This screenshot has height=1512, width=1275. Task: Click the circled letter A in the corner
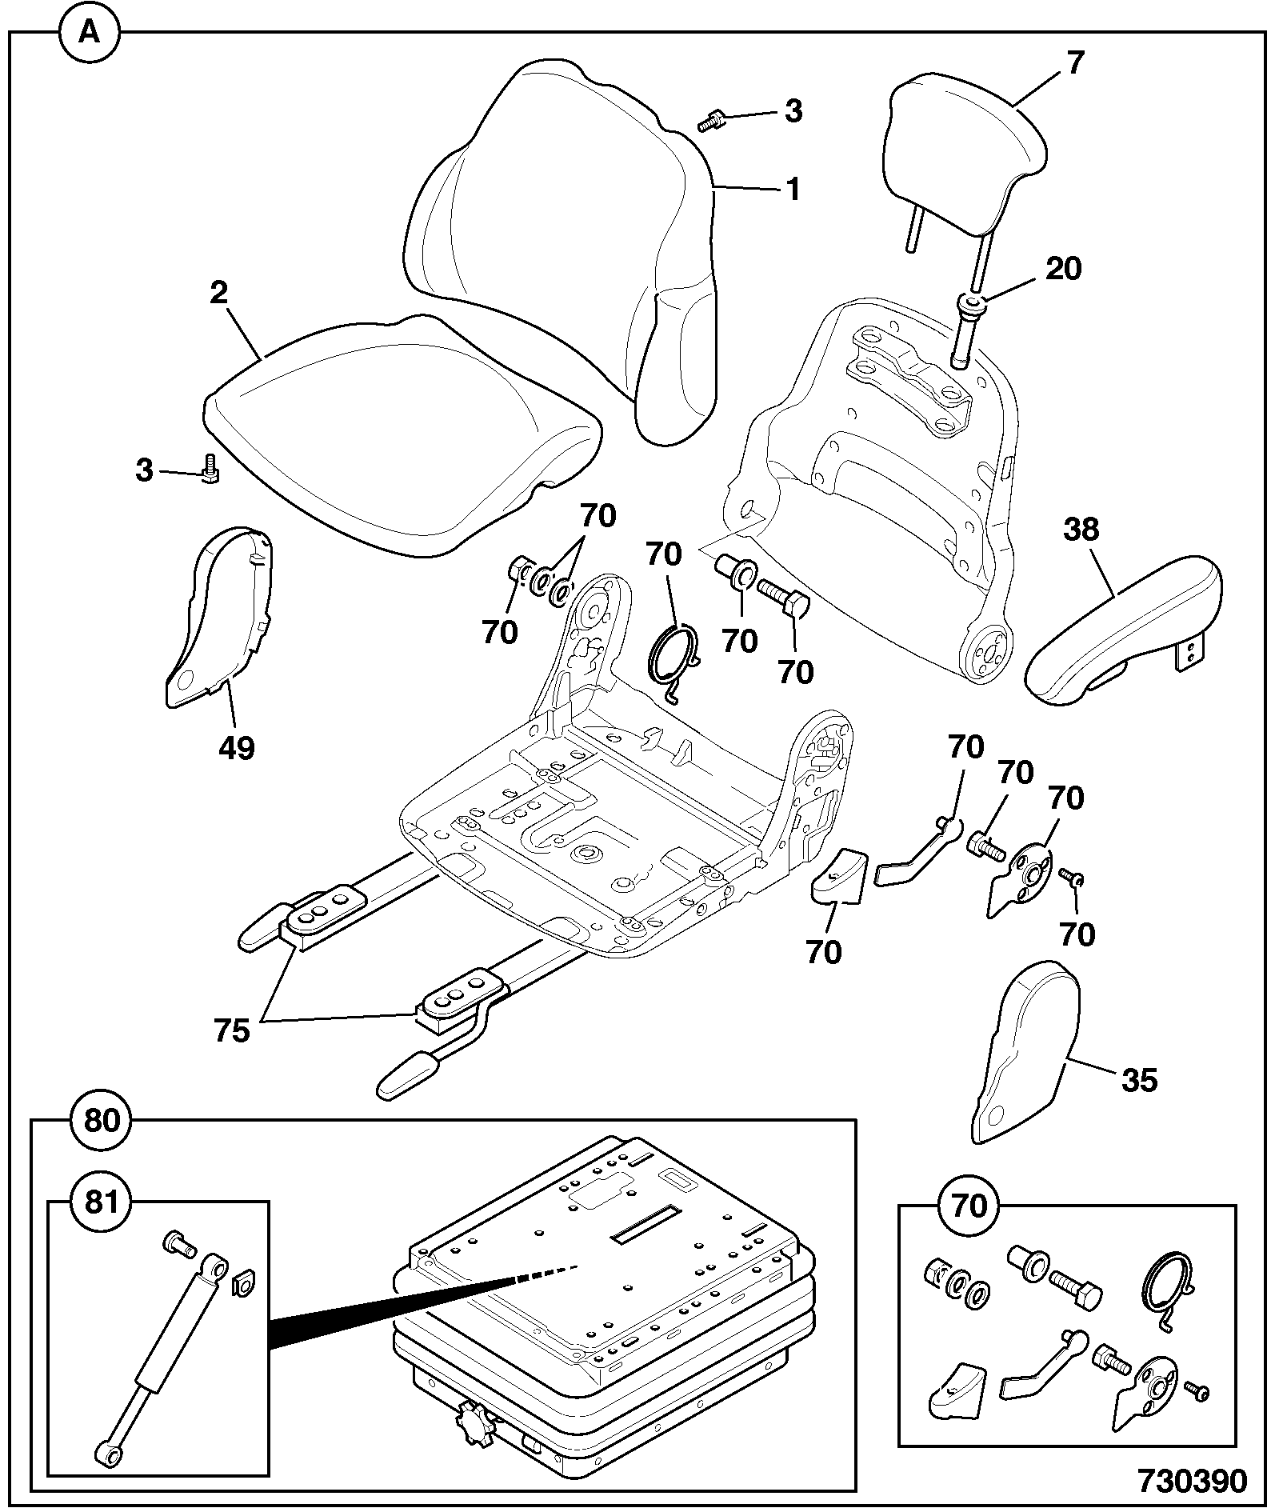tap(90, 33)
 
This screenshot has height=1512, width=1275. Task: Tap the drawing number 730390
tap(1192, 1481)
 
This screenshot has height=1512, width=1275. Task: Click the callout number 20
tap(1063, 268)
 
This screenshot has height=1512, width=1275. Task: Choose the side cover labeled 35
tap(1025, 1051)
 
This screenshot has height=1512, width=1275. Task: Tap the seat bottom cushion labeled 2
tap(400, 436)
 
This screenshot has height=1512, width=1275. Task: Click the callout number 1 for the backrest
tap(793, 190)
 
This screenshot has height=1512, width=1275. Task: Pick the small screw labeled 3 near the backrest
tap(710, 122)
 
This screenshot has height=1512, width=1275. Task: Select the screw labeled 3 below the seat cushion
tap(210, 469)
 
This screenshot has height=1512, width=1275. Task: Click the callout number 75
tap(232, 1031)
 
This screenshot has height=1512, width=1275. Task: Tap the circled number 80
tap(102, 1121)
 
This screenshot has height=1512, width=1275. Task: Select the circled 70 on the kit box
tap(970, 1206)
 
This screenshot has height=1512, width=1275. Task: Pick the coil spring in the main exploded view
tap(673, 654)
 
